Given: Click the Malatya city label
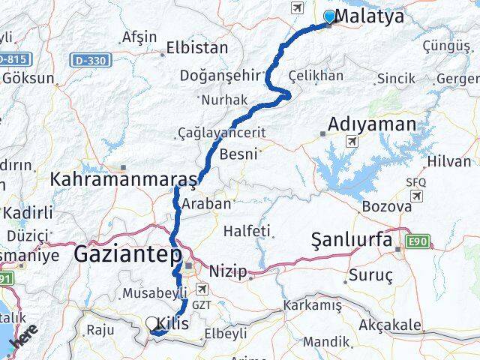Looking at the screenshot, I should click(x=371, y=16).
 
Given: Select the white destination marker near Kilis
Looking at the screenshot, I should click(x=153, y=324).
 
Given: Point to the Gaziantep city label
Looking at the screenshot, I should click(x=127, y=256).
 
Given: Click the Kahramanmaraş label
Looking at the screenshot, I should click(x=124, y=180).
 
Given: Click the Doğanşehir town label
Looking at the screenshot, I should click(x=220, y=75).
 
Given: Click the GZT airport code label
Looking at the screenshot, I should click(x=200, y=305).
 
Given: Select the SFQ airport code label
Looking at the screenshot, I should click(x=415, y=181).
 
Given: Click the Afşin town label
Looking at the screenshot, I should click(x=139, y=37).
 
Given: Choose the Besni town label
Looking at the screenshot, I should click(x=239, y=154).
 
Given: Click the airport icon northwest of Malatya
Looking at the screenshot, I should click(x=297, y=8).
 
